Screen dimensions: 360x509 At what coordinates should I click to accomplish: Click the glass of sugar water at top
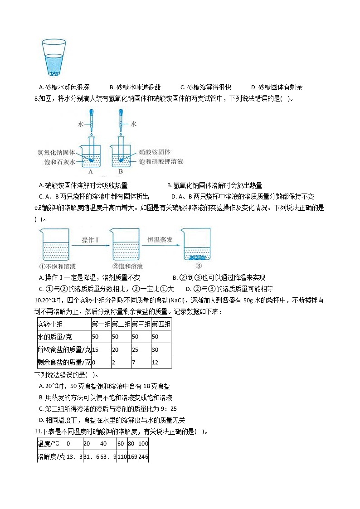(54, 58)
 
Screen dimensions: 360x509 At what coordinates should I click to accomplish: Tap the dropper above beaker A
(91, 122)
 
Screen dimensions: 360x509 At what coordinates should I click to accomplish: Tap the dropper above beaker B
(122, 122)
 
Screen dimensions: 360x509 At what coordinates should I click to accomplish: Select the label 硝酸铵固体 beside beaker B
(155, 152)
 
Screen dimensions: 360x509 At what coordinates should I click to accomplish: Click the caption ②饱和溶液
(127, 267)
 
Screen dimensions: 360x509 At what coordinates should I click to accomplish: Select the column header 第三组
(141, 324)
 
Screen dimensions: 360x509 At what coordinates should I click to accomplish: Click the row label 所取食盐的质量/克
(64, 349)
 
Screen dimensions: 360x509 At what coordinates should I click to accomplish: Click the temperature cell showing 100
(143, 443)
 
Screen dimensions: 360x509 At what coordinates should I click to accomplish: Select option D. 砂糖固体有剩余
(277, 87)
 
